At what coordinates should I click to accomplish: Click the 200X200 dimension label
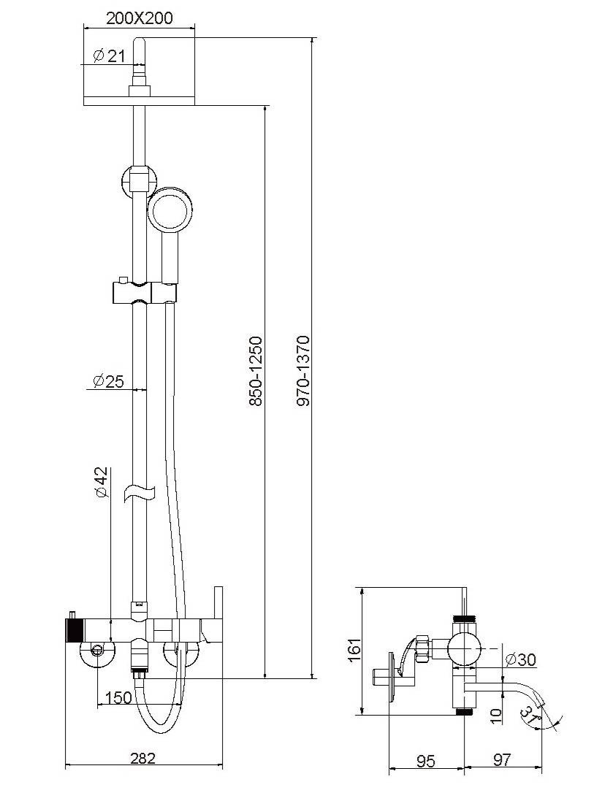click(140, 18)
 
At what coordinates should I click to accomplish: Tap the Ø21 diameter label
click(110, 55)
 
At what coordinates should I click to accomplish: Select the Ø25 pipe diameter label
click(108, 380)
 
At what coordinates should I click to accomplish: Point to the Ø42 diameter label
click(102, 483)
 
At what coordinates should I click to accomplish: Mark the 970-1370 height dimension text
click(303, 371)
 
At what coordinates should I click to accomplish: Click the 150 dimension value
click(118, 697)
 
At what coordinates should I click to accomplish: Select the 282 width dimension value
click(142, 758)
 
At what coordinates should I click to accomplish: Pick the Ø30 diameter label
click(520, 659)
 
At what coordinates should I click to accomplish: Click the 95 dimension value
click(426, 761)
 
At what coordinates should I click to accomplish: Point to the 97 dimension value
click(501, 761)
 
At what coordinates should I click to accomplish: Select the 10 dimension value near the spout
click(497, 713)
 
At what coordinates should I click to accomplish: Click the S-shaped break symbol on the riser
click(140, 492)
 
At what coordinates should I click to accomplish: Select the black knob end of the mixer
click(73, 629)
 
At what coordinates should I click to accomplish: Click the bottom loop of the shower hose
click(160, 727)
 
